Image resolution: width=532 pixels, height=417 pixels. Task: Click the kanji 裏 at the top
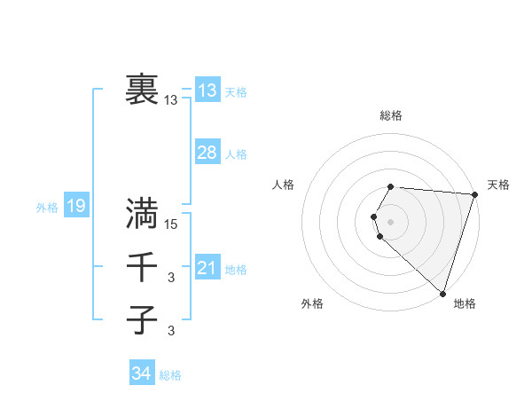coord(143,90)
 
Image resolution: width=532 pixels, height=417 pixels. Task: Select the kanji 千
coord(143,267)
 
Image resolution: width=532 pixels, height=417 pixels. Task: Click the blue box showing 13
coord(207,90)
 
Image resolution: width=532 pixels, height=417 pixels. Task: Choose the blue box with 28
coord(207,153)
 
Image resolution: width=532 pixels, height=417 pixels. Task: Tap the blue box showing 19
coord(75,207)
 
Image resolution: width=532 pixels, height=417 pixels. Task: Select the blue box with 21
coord(207,268)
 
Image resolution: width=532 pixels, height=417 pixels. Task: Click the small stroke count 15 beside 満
coord(172,224)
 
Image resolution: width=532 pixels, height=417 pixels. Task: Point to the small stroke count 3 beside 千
coord(171,279)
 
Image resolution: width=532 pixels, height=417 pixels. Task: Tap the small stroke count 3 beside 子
coord(171,332)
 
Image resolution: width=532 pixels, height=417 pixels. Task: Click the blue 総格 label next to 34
coord(170,375)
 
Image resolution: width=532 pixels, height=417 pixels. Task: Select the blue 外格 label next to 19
coord(47,208)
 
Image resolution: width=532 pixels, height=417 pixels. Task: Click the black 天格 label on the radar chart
coord(498,185)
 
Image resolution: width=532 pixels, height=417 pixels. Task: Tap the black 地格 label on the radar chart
coord(465,303)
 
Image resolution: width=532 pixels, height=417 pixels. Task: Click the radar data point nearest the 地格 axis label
coord(442,294)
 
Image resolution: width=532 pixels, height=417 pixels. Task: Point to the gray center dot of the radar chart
coord(390,221)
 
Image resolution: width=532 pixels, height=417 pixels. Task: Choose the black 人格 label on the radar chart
coord(284,185)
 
